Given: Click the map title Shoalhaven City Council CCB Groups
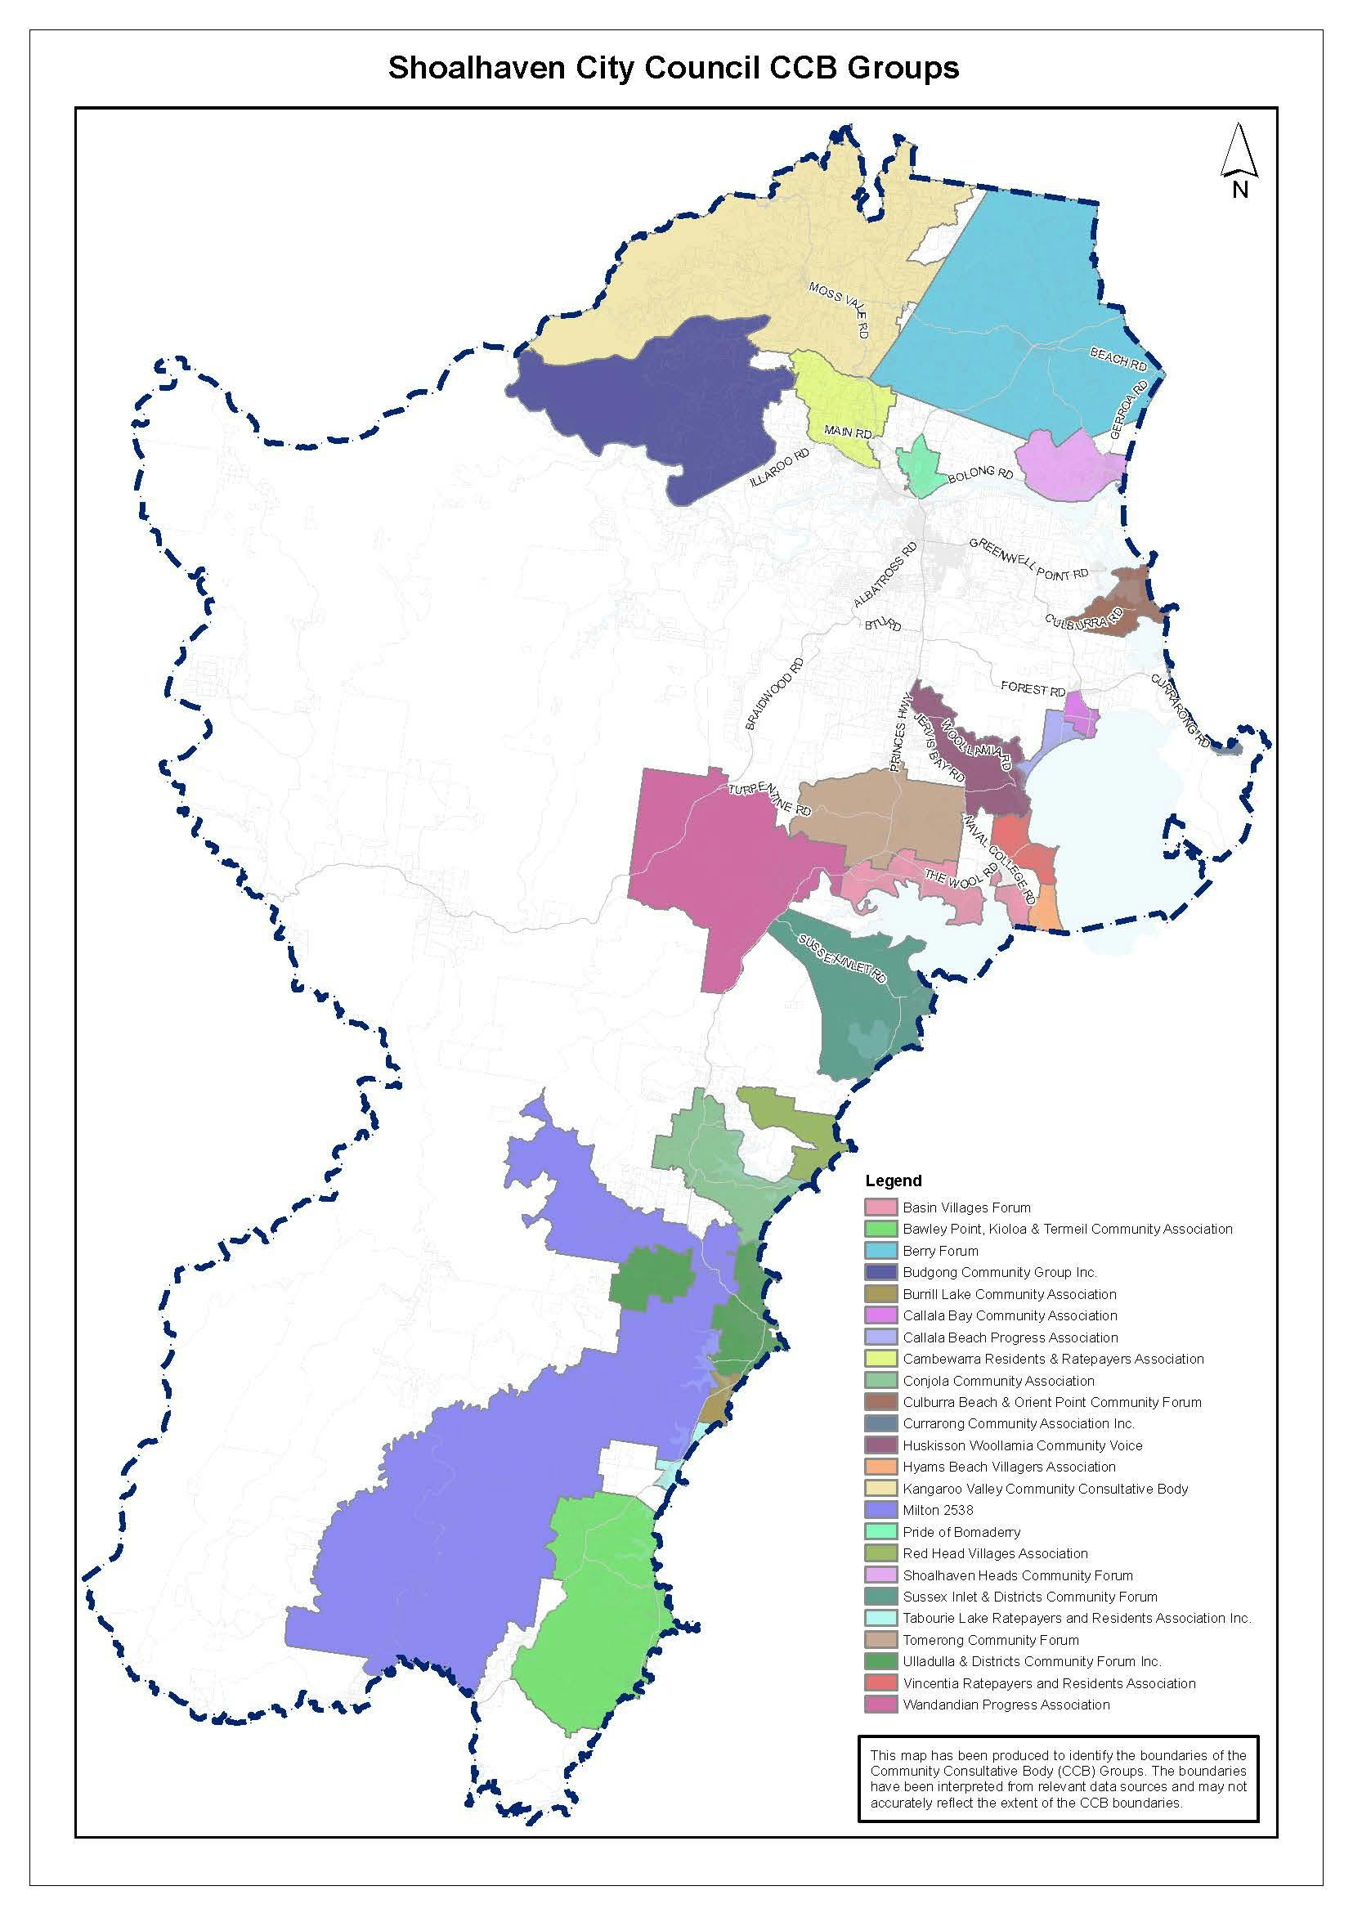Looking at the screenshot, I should [x=673, y=68].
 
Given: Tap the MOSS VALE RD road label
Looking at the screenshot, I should [x=840, y=308].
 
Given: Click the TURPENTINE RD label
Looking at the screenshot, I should [x=768, y=799].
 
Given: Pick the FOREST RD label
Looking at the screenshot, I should [x=1033, y=690].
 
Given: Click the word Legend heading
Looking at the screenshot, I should [x=893, y=1181].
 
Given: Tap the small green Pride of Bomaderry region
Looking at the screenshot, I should [x=917, y=465].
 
